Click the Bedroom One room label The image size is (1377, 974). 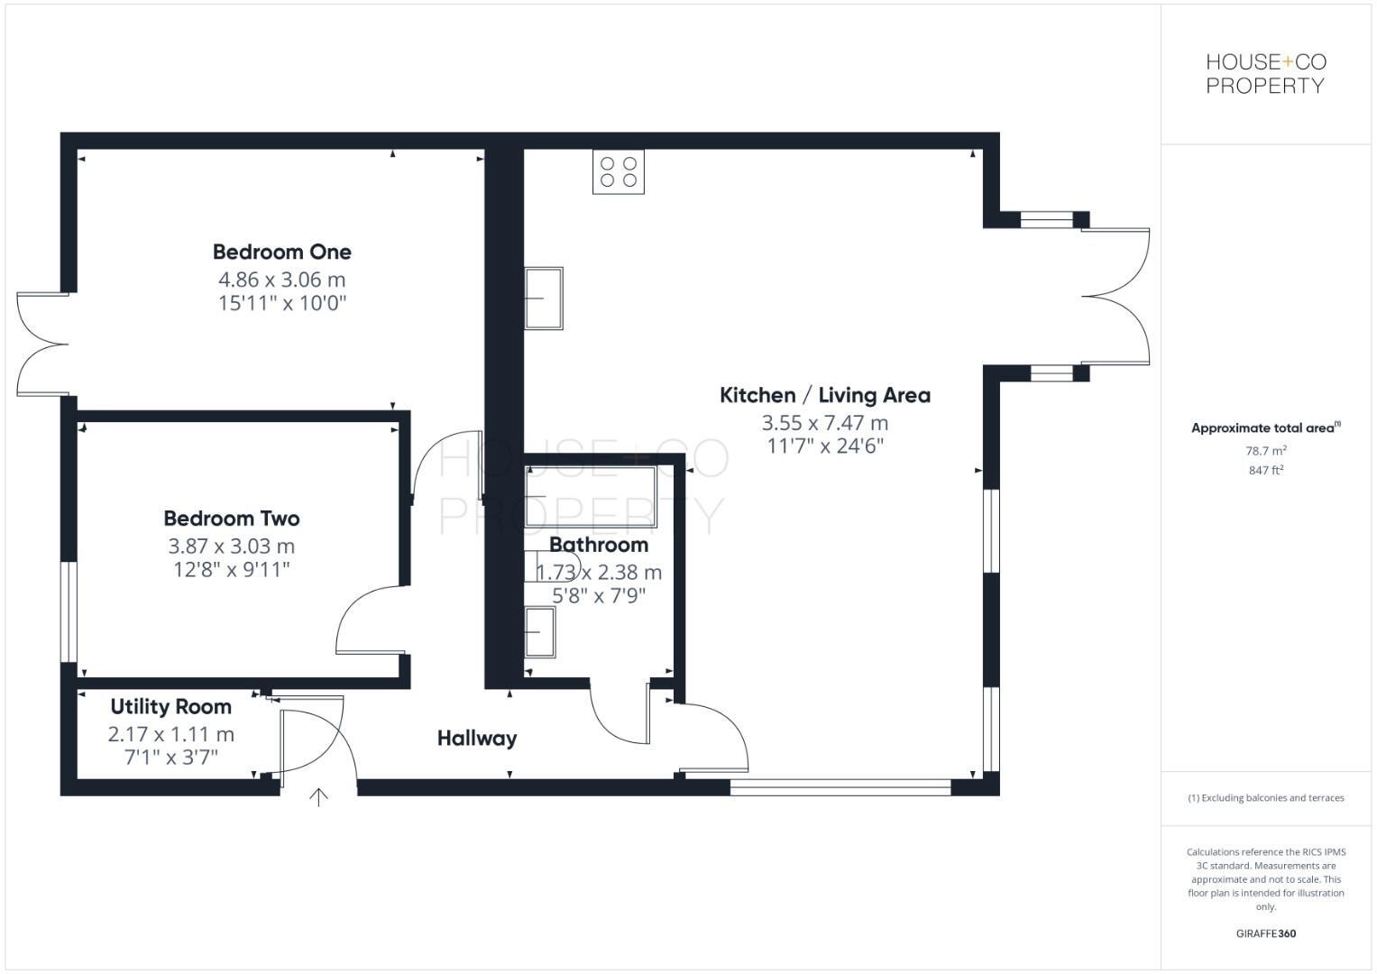(281, 252)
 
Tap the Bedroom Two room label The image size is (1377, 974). (232, 519)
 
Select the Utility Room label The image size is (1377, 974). (170, 707)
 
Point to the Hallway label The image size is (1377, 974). (477, 739)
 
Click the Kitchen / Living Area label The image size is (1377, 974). (824, 395)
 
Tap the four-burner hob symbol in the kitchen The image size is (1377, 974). (619, 171)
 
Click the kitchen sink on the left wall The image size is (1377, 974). (544, 298)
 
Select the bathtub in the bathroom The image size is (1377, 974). (592, 497)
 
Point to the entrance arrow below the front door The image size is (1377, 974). (318, 796)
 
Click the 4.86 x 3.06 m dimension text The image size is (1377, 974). (281, 280)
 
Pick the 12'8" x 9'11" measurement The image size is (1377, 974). (232, 570)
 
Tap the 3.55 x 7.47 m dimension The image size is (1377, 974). (824, 423)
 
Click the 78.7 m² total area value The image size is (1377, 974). (1265, 451)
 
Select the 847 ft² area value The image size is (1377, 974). (1265, 471)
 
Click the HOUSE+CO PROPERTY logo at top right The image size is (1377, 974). (1265, 74)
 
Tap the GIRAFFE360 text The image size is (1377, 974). (1265, 933)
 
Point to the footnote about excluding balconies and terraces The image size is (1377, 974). (1265, 798)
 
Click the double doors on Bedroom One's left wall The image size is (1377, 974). (41, 344)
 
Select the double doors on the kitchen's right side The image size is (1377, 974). (1116, 297)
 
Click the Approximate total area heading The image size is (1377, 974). (1265, 428)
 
